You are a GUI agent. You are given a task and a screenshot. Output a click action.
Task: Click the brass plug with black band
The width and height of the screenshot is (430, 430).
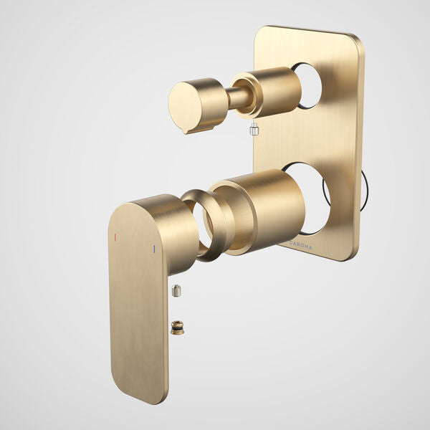[x=177, y=328]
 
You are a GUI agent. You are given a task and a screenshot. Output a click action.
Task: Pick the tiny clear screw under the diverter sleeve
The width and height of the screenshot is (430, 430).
[x=253, y=129]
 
